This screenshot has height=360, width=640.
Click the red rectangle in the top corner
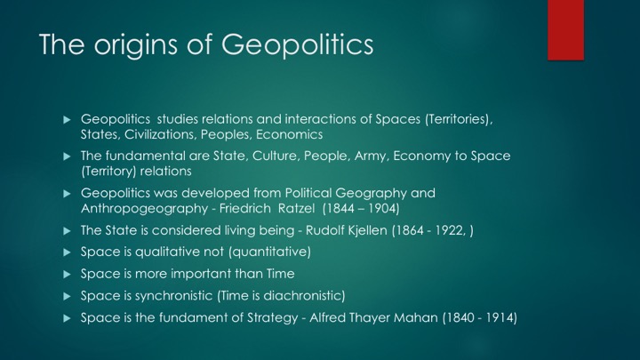(x=565, y=30)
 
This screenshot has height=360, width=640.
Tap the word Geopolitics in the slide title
(x=297, y=44)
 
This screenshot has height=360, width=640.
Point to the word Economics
(x=290, y=134)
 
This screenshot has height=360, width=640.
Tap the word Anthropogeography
(x=145, y=209)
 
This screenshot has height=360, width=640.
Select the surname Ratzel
(x=296, y=208)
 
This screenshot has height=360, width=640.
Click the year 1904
(x=383, y=209)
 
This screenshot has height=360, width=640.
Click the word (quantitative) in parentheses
(x=270, y=252)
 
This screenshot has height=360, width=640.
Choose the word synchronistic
(x=174, y=295)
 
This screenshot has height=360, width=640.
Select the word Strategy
(x=273, y=317)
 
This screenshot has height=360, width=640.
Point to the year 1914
(x=501, y=317)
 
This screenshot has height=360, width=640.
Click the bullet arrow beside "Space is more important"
(x=68, y=275)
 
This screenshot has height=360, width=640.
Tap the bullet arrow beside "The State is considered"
(x=68, y=231)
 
